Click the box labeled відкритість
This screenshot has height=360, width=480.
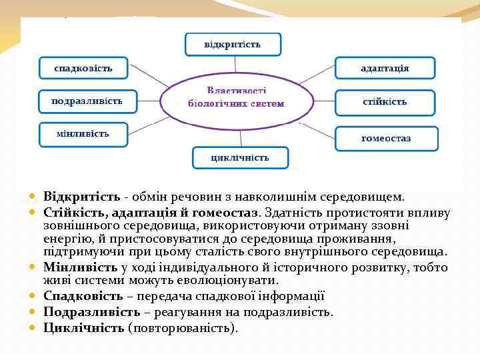tap(233, 45)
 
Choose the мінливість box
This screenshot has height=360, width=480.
tap(83, 134)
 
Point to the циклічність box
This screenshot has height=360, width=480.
tap(240, 158)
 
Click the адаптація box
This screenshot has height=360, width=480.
tap(385, 68)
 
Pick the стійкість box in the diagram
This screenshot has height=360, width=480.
tap(385, 103)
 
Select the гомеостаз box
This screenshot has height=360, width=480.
tap(386, 139)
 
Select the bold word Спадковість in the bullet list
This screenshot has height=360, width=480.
tap(83, 296)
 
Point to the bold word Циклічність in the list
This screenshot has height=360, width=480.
tap(84, 327)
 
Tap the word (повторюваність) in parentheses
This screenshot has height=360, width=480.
tap(182, 327)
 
